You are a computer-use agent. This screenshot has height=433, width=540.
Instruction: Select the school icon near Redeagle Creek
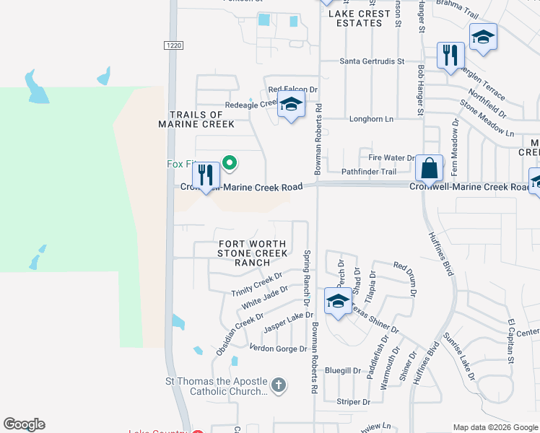coord(291,105)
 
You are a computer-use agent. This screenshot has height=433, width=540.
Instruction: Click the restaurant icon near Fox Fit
coord(206,175)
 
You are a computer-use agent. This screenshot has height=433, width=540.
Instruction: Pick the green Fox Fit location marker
coord(230,164)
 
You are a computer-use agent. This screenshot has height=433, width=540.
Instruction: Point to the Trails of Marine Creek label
coord(196,119)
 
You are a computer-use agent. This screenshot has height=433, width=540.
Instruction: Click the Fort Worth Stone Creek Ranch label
coord(253,253)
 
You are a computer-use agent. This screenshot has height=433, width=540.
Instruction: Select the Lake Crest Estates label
coord(354,18)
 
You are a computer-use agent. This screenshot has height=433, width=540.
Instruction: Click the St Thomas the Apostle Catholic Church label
coord(216,387)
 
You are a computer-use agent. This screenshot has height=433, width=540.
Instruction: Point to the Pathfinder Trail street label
coord(369,172)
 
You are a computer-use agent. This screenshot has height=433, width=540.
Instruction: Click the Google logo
coord(24,424)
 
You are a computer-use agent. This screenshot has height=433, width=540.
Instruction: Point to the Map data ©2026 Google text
coord(495,427)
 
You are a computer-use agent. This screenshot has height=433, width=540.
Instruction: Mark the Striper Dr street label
coord(353,402)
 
